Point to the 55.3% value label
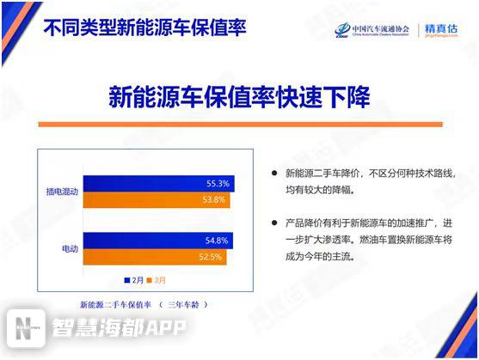[218, 184]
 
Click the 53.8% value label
[214, 200]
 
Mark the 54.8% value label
[217, 241]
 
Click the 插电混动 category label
[63, 192]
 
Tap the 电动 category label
[71, 249]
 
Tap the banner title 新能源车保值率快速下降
[239, 96]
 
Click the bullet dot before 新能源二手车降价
[274, 172]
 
